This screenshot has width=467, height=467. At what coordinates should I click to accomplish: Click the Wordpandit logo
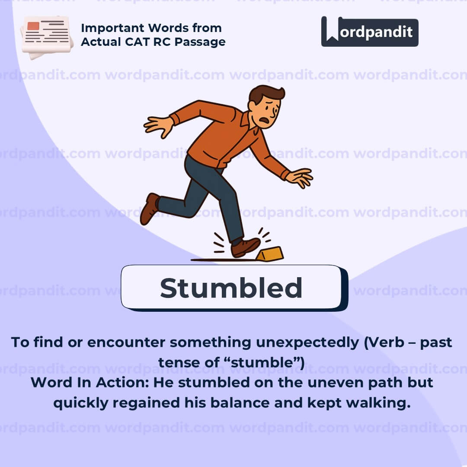(370, 32)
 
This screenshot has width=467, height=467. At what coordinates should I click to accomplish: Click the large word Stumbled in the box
(231, 288)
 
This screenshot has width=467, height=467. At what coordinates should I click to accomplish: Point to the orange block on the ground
(270, 254)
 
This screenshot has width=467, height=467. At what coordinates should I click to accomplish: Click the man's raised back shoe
(150, 208)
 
